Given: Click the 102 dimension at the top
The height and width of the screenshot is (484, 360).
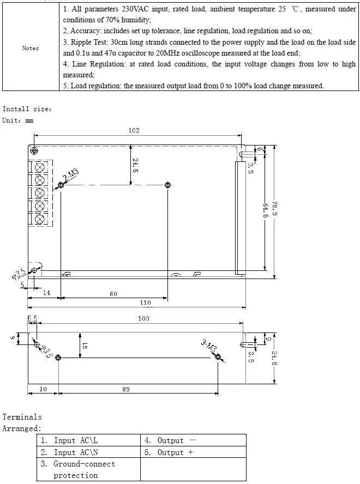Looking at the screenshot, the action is pyautogui.click(x=134, y=131).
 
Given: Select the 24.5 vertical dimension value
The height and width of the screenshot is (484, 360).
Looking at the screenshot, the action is pyautogui.click(x=135, y=166).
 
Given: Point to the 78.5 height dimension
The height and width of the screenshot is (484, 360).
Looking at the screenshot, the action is pyautogui.click(x=274, y=209).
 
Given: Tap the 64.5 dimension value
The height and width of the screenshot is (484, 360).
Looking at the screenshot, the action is pyautogui.click(x=265, y=210).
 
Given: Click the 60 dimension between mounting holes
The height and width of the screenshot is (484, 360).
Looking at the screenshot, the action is pyautogui.click(x=113, y=294).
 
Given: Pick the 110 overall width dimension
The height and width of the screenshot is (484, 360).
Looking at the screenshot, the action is pyautogui.click(x=145, y=303).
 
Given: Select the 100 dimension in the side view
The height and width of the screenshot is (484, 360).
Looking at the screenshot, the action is pyautogui.click(x=143, y=318).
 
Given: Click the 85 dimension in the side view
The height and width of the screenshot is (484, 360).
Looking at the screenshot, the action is pyautogui.click(x=126, y=389).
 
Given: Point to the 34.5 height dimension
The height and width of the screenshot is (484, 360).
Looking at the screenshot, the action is pyautogui.click(x=274, y=358).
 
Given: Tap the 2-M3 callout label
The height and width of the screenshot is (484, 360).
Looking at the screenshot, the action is pyautogui.click(x=71, y=175).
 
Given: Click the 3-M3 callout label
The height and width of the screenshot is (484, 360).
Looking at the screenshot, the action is pyautogui.click(x=209, y=346).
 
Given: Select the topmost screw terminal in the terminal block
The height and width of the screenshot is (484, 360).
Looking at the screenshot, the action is pyautogui.click(x=40, y=167).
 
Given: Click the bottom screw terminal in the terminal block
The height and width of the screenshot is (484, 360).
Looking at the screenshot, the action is pyautogui.click(x=40, y=219).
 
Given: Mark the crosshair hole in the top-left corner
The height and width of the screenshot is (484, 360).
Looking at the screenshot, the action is pyautogui.click(x=34, y=151).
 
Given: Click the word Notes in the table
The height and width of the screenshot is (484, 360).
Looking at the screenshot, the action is pyautogui.click(x=31, y=48).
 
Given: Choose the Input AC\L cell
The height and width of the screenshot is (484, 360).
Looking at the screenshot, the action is pyautogui.click(x=89, y=440).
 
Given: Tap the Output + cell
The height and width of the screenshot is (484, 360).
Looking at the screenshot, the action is pyautogui.click(x=194, y=452).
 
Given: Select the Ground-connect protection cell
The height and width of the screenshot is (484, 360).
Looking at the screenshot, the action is pyautogui.click(x=89, y=469).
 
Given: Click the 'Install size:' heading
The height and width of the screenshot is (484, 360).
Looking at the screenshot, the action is pyautogui.click(x=27, y=109).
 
